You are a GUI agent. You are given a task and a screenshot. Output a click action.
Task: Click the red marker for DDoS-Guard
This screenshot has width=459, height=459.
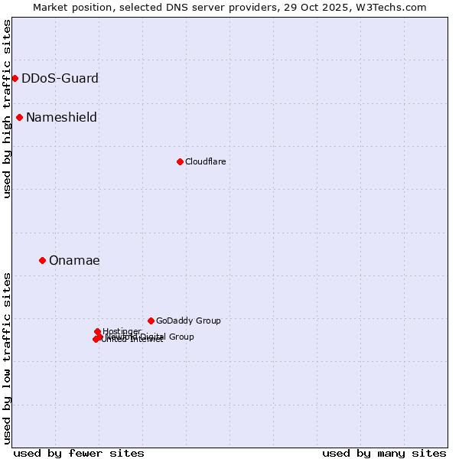click(15, 78)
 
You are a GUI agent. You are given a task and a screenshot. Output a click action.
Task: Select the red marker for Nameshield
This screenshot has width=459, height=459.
click(19, 117)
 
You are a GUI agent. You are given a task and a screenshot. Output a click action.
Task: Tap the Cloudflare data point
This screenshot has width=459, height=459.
click(180, 161)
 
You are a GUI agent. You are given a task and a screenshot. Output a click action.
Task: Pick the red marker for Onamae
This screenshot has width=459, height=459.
click(42, 260)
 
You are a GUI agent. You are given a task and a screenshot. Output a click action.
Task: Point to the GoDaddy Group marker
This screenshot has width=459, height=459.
click(151, 321)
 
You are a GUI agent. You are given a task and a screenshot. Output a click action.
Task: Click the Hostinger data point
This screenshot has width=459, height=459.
click(97, 331)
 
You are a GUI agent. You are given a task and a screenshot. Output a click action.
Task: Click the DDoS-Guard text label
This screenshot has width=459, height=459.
click(60, 78)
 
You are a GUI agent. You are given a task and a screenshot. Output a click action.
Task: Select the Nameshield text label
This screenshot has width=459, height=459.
click(61, 117)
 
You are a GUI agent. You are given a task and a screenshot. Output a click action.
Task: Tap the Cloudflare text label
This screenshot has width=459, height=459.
click(205, 161)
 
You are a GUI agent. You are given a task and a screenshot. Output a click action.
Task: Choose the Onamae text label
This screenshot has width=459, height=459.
click(74, 260)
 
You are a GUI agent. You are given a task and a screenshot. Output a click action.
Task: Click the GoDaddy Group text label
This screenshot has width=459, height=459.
click(188, 321)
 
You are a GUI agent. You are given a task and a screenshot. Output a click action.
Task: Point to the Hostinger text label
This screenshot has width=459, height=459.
click(122, 331)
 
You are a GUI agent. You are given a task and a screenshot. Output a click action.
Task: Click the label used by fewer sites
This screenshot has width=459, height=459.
click(79, 453)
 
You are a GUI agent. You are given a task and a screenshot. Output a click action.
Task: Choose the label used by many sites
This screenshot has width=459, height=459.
click(384, 453)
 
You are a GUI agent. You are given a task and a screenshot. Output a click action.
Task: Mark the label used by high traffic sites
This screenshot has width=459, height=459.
click(7, 109)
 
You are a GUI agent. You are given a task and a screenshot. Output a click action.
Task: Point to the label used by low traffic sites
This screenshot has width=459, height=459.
click(7, 357)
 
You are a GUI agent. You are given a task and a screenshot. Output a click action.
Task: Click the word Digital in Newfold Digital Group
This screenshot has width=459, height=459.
click(154, 337)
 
